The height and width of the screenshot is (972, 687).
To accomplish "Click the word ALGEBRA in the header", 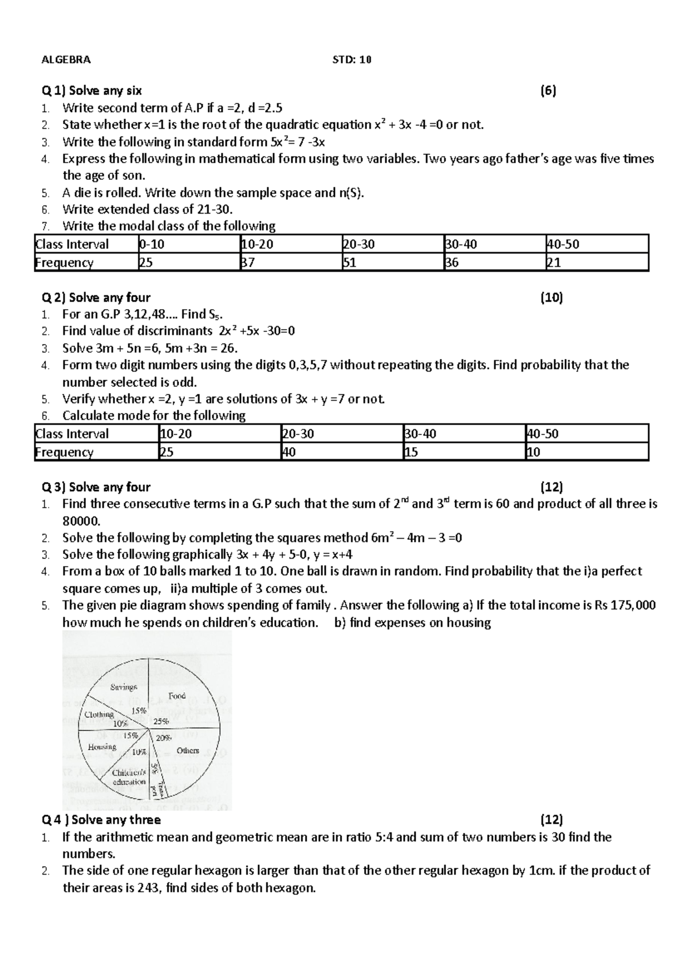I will [66, 60].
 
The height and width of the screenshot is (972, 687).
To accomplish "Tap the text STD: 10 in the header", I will [352, 60].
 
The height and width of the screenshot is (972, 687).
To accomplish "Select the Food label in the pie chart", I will [177, 696].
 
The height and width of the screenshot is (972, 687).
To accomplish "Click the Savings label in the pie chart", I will [124, 686].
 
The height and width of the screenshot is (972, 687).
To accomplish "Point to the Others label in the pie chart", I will [188, 750].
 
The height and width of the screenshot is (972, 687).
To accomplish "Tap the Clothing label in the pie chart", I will [99, 714].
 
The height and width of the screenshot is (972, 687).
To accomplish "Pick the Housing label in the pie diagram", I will [102, 746].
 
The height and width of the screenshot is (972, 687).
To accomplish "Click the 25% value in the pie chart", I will [161, 722].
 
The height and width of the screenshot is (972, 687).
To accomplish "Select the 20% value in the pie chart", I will [164, 738].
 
